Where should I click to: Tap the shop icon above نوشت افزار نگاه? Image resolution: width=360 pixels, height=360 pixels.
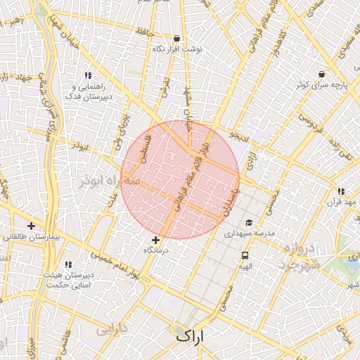coord(176,39)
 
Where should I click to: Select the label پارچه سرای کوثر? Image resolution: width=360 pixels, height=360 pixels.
coord(321,84)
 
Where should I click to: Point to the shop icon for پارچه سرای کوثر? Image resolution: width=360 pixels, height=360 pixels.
coord(321,74)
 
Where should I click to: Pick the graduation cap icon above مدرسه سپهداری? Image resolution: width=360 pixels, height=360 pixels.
coord(249,222)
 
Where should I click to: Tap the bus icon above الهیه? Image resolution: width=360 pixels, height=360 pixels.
coord(245,256)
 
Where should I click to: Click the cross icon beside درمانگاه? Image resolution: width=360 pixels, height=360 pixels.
coord(155,240)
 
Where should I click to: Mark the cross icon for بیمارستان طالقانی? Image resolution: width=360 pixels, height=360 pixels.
coord(31,226)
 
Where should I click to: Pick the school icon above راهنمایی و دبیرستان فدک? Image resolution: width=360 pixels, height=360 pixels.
coord(88,75)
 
